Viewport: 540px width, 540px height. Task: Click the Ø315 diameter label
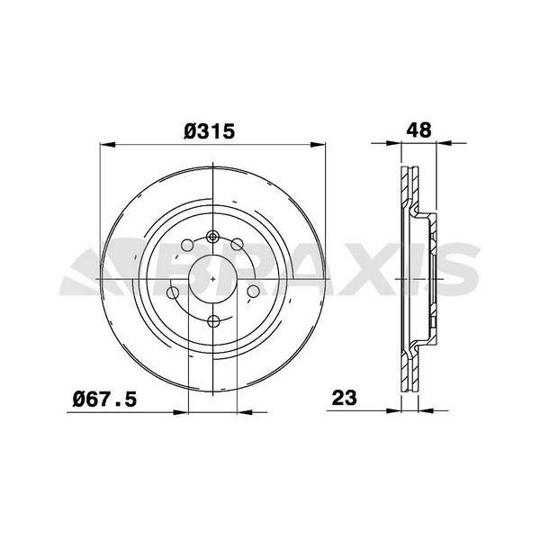[x=209, y=131]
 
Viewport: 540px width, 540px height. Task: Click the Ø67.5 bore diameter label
[x=104, y=400]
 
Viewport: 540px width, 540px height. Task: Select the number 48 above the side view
[x=418, y=130]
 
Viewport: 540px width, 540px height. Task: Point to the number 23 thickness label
[x=345, y=398]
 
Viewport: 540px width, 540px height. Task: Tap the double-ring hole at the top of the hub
[x=213, y=237]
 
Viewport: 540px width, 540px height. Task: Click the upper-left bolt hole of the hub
[x=187, y=245]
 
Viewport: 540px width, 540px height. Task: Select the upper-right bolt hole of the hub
[x=237, y=245]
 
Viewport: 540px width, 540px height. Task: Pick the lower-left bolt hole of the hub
[x=173, y=293]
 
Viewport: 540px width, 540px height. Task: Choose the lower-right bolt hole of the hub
[x=254, y=292]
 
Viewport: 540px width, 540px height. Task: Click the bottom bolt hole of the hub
[x=214, y=321]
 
